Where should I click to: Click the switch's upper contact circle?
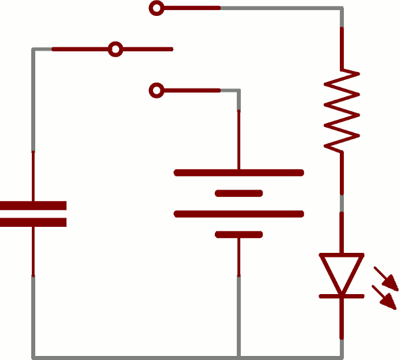coord(156,9)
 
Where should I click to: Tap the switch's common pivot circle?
coord(116,49)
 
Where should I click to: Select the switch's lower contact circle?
coord(156,90)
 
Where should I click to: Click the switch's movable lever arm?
coord(146,49)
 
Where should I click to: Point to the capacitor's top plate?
coord(33,206)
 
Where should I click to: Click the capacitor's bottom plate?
coord(33,222)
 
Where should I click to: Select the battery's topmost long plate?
coord(239,173)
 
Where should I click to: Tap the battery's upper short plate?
coord(239,194)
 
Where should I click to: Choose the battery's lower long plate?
coord(239,214)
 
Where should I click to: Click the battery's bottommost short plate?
coord(239,234)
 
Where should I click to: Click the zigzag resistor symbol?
coord(342,110)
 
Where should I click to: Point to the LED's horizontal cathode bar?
coord(342,295)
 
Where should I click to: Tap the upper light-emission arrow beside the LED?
coord(386,278)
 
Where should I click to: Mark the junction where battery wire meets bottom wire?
coord(239,357)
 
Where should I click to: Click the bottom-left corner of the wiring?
coord(33,357)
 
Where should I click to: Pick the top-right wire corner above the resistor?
coord(342,9)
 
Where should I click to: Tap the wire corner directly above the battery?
coord(239,90)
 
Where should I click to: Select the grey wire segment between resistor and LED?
coord(342,203)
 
